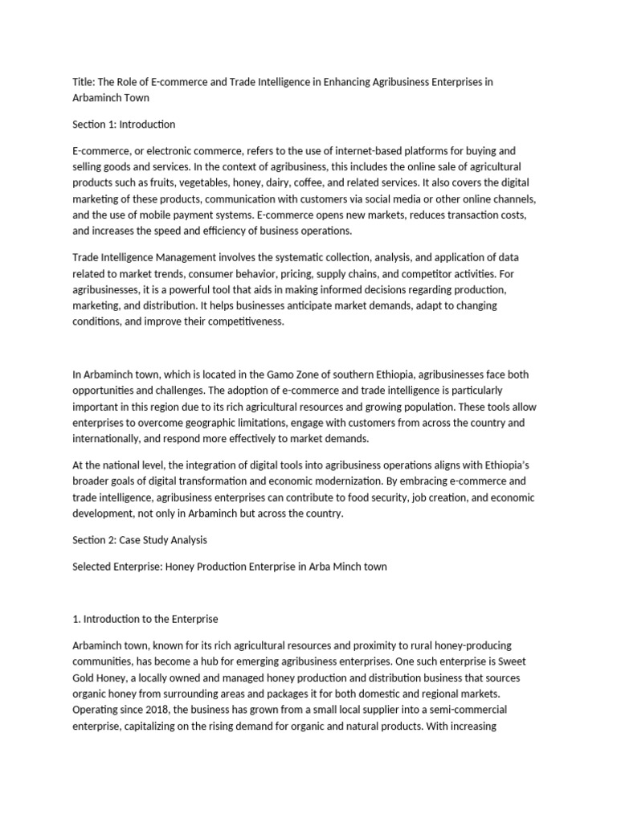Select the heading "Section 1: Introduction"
tap(124, 125)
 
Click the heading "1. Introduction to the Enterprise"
tap(145, 619)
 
